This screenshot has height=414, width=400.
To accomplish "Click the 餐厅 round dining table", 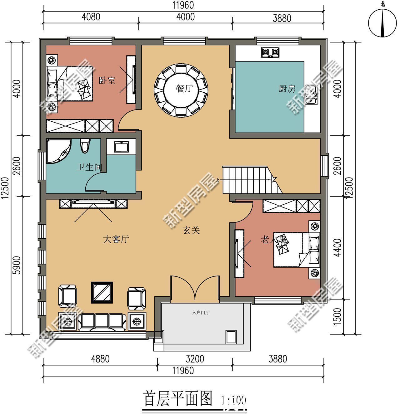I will point(181,90).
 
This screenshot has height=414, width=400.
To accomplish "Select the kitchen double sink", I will point(312,95).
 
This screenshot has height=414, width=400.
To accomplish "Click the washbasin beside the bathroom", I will point(121,147).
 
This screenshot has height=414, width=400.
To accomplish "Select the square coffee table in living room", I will point(102,292).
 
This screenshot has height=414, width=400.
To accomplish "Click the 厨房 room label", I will point(287,89).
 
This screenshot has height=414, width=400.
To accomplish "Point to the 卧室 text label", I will point(107,80).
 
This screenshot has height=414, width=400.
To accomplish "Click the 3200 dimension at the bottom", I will point(195,359).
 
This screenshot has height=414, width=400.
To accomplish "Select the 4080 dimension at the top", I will point(91,17).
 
